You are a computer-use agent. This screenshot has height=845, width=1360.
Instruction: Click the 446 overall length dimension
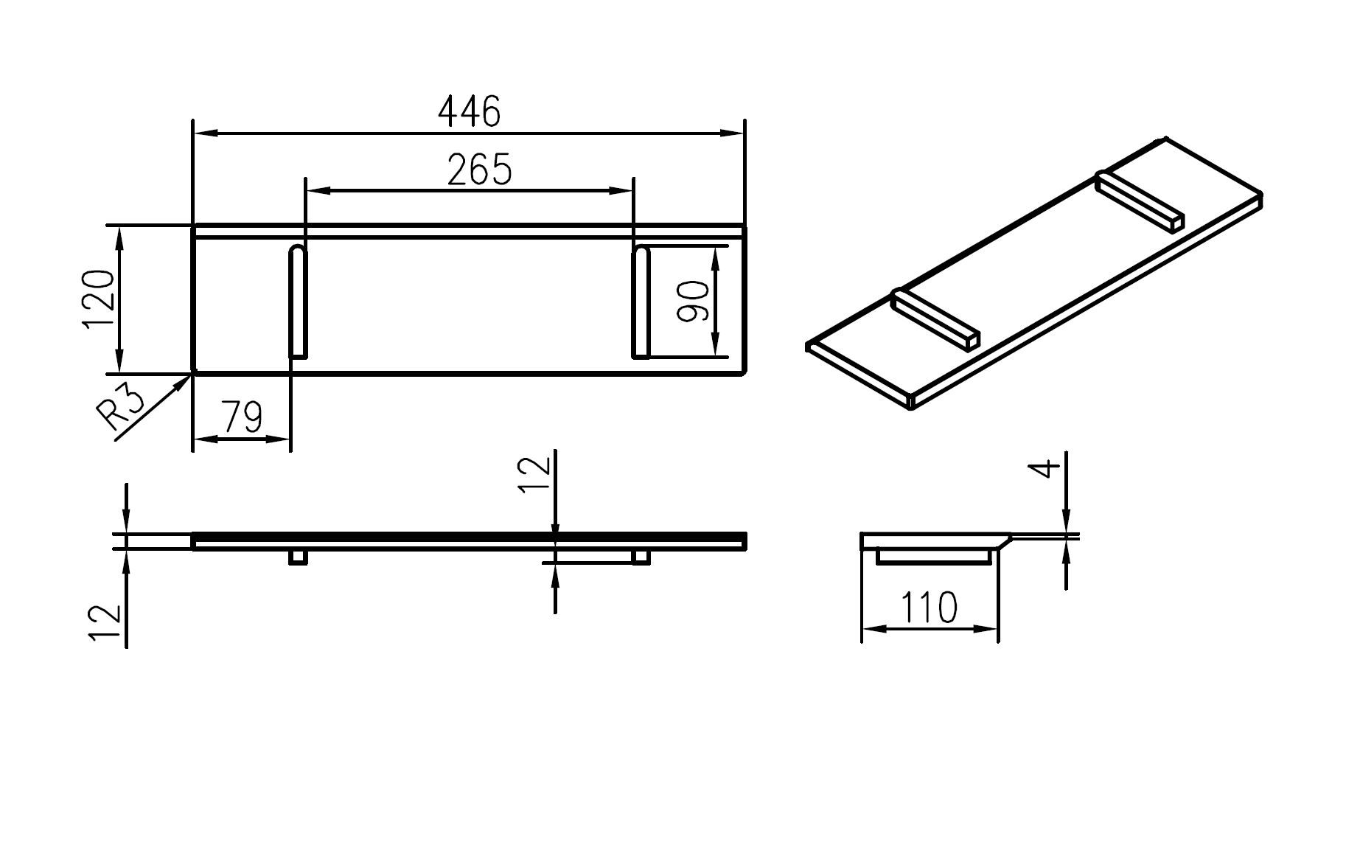point(469,112)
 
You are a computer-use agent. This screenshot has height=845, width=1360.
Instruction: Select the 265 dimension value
point(479,170)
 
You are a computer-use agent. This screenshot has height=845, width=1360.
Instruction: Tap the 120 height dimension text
point(100,299)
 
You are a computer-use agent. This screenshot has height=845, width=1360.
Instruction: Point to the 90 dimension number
point(694,302)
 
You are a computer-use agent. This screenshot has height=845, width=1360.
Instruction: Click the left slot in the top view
point(297,302)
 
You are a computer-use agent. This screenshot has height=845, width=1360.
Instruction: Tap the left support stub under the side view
point(298,557)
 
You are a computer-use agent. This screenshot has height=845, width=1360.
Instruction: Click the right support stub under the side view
point(641,557)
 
